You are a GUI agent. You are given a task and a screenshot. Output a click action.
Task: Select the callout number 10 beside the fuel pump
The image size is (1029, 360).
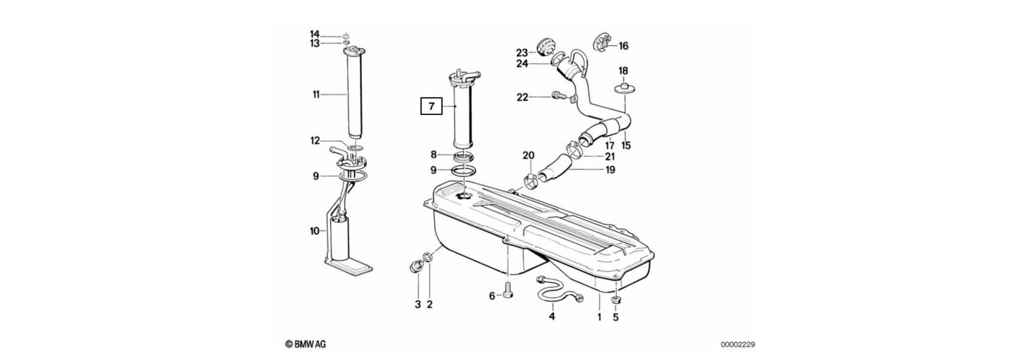315,231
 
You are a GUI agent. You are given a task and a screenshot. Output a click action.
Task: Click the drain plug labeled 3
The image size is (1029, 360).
415,266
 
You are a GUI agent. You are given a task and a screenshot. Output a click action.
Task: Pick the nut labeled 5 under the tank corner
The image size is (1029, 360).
616,299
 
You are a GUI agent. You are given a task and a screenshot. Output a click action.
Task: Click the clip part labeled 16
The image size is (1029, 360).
603,43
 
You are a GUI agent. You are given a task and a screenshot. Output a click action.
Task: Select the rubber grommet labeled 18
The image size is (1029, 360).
624,88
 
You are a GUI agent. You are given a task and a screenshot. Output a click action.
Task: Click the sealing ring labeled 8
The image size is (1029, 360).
464,156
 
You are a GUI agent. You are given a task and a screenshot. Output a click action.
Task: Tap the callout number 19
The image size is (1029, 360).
609,170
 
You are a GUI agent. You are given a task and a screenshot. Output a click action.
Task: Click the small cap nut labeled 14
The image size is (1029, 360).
346,35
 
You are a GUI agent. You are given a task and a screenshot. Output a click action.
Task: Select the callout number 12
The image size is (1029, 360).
315,141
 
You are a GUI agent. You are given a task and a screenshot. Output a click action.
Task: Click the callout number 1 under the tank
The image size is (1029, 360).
599,317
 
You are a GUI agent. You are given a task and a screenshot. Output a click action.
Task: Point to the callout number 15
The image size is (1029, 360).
625,145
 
